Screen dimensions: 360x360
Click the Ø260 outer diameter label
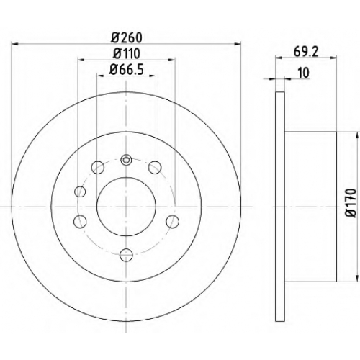click(x=127, y=37)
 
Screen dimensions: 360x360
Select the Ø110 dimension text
click(x=127, y=53)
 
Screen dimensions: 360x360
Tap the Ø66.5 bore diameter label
click(x=127, y=70)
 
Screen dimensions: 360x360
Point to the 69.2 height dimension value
click(x=306, y=52)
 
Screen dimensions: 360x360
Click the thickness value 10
click(x=304, y=73)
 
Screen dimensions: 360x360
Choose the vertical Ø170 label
click(x=351, y=203)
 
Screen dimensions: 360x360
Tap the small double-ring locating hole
click(x=126, y=160)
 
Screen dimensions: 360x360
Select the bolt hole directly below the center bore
click(x=126, y=255)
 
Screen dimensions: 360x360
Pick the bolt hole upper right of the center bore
click(x=155, y=167)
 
